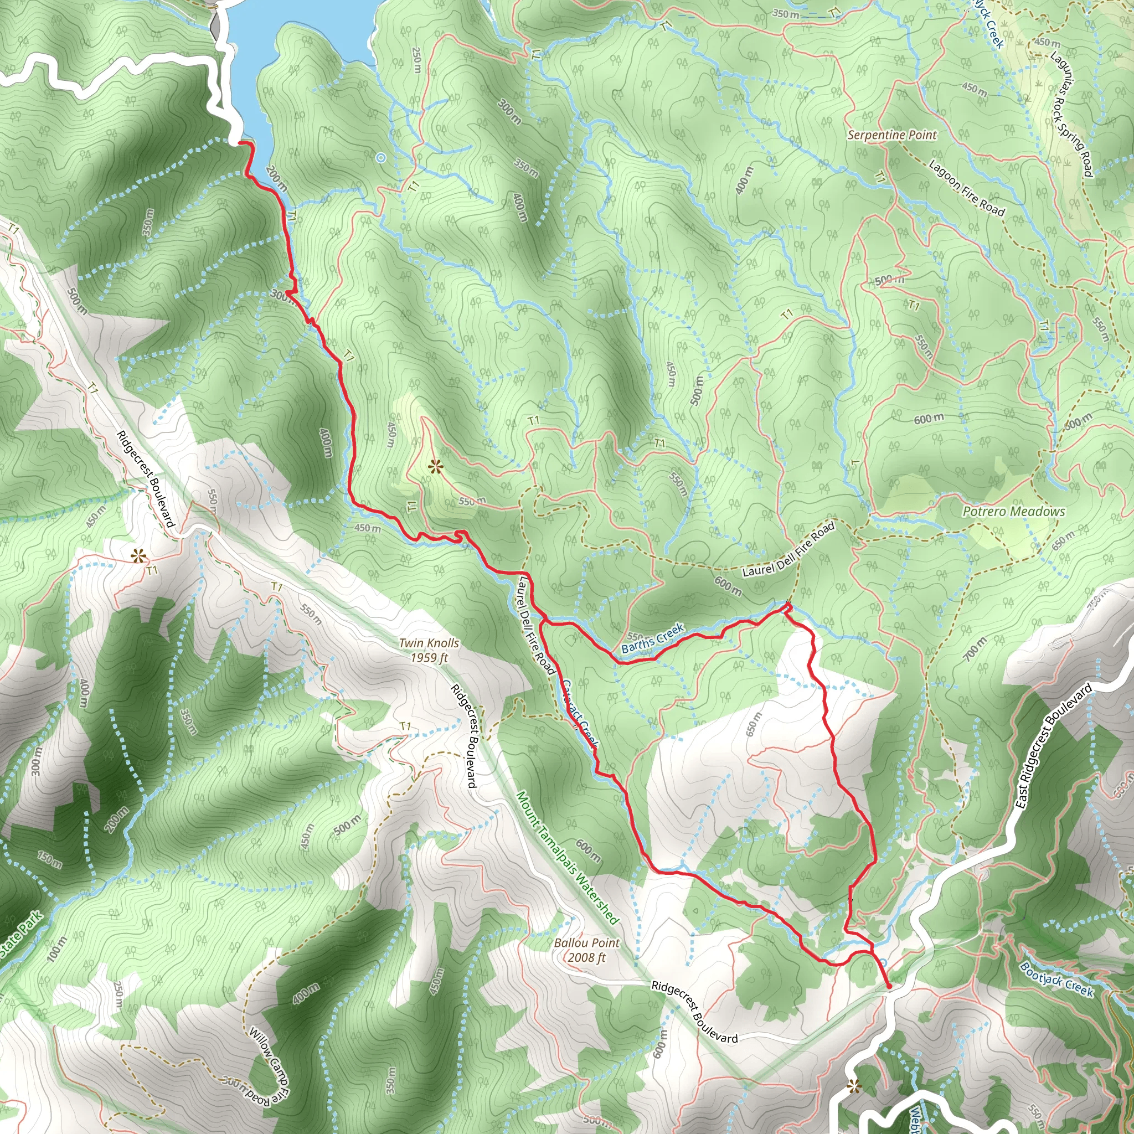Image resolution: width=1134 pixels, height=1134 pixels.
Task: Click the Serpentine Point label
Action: (x=892, y=135)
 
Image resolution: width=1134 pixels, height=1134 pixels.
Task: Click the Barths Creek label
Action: (x=653, y=638)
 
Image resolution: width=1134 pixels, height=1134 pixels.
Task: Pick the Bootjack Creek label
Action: (x=1056, y=979)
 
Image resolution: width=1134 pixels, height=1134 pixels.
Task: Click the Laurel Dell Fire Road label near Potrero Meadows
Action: (x=788, y=550)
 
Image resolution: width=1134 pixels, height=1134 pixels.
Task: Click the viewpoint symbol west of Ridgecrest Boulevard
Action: (x=138, y=555)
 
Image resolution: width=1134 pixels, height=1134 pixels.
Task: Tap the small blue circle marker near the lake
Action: (x=381, y=157)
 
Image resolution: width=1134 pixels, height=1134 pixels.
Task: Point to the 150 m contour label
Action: (x=50, y=860)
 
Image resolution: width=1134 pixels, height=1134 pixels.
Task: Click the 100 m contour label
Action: (x=57, y=950)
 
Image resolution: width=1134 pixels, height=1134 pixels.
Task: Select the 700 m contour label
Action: (x=975, y=647)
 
